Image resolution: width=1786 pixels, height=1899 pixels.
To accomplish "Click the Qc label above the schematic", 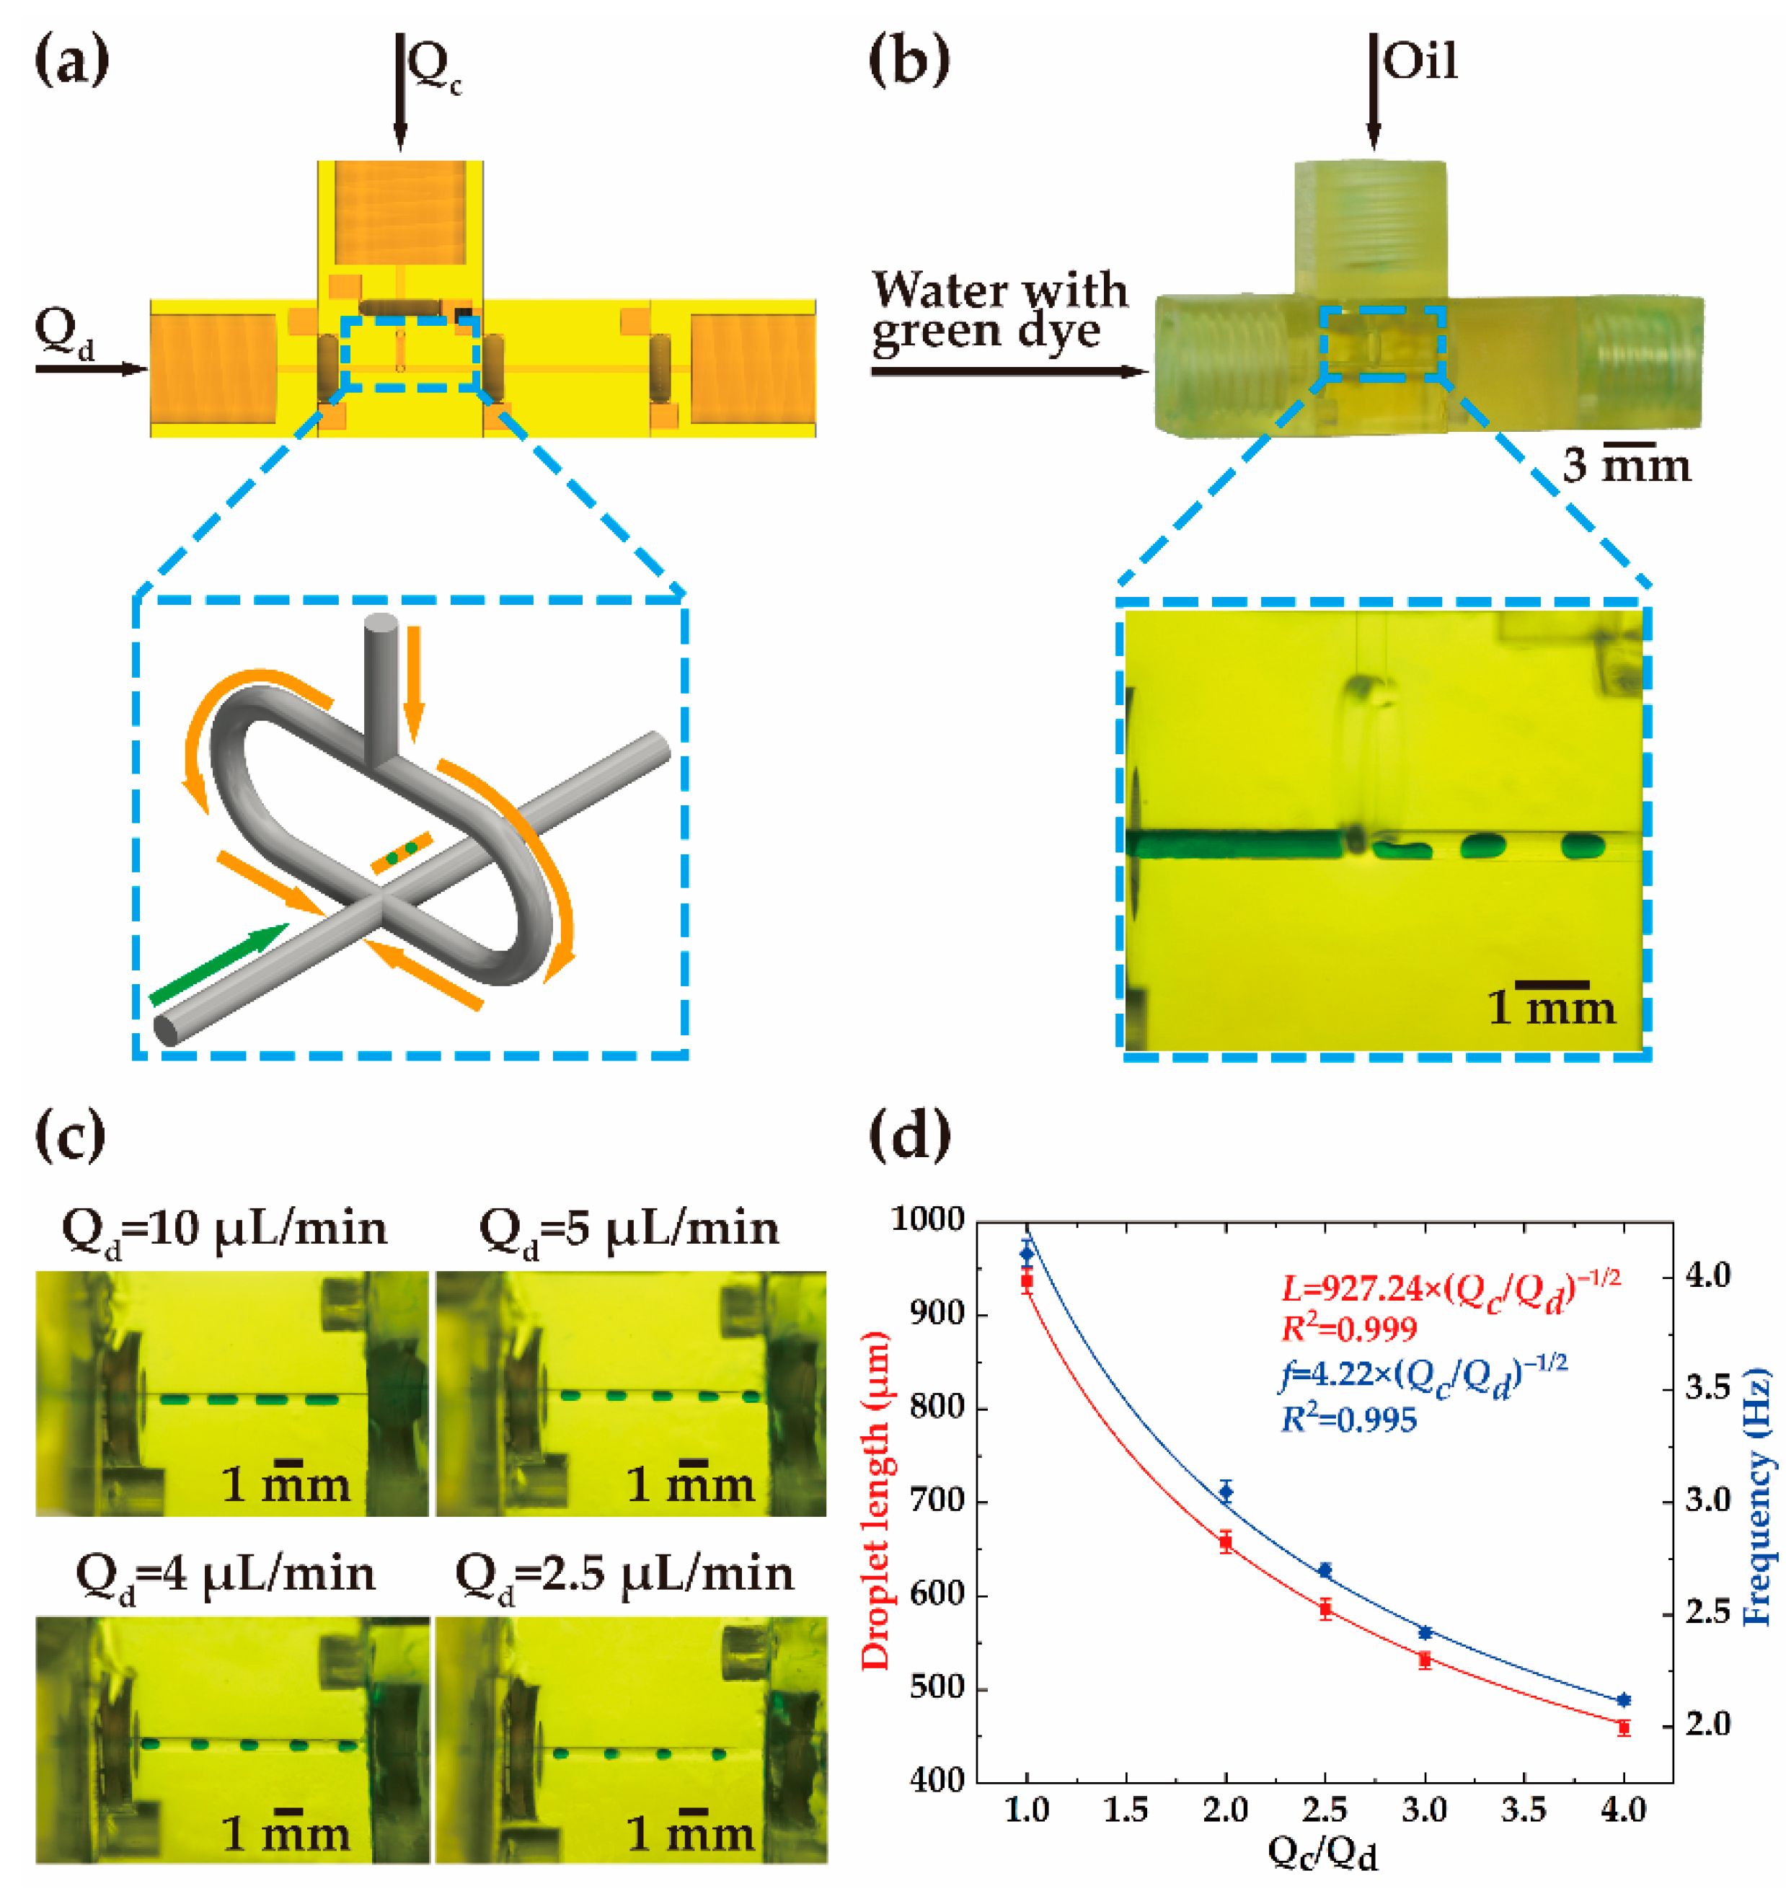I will pos(435,68).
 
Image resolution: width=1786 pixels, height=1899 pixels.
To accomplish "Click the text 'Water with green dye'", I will pos(998,311).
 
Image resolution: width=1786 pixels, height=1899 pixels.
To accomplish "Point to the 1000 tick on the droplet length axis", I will pos(927,1220).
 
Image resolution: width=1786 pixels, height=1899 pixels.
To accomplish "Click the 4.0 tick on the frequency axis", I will pos(1707,1275).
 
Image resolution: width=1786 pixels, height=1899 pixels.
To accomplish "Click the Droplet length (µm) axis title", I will pos(874,1500).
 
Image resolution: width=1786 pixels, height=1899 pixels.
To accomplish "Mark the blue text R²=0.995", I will pos(1348,1420).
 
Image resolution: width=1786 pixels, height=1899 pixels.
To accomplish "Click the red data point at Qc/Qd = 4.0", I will pos(1622,1727).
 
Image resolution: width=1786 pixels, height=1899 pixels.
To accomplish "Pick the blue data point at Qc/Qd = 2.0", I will pos(1225,1491).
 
